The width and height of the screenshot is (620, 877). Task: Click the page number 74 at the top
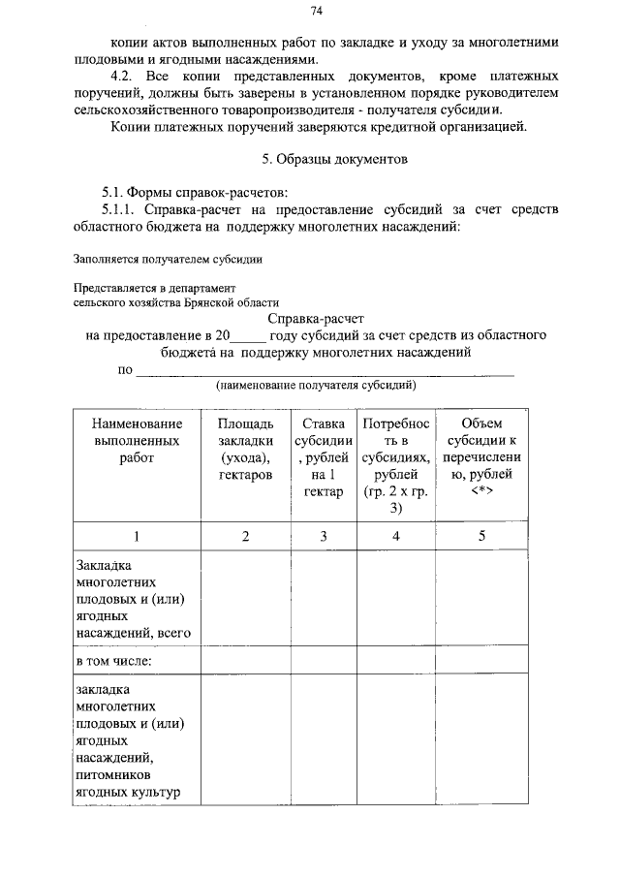(x=316, y=11)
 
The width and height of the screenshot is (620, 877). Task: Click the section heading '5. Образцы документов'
(x=316, y=158)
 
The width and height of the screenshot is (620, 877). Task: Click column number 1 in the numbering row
(x=137, y=536)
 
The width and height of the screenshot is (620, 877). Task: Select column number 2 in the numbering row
(x=245, y=536)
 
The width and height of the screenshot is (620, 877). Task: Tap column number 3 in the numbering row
(x=324, y=536)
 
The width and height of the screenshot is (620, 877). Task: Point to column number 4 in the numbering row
(x=395, y=536)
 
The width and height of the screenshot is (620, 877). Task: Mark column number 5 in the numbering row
(x=481, y=536)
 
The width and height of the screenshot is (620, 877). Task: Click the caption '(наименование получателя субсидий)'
(x=316, y=385)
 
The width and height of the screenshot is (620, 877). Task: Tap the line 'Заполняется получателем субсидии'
(x=168, y=259)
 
